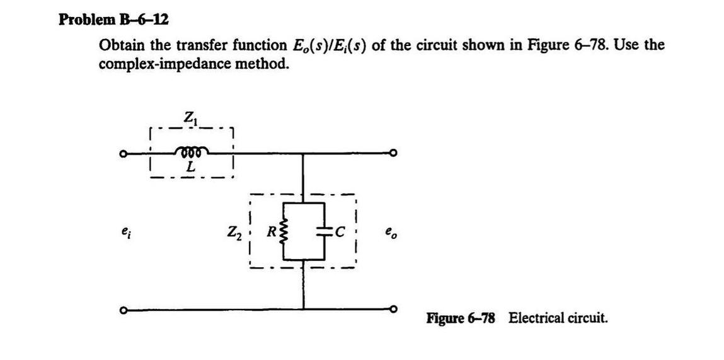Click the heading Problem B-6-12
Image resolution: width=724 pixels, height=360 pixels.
click(113, 20)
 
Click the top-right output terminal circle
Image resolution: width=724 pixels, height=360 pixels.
click(394, 153)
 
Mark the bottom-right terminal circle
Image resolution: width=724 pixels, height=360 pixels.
click(394, 309)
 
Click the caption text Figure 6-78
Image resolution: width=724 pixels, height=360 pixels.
click(461, 318)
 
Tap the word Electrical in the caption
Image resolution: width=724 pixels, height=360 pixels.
click(535, 318)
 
